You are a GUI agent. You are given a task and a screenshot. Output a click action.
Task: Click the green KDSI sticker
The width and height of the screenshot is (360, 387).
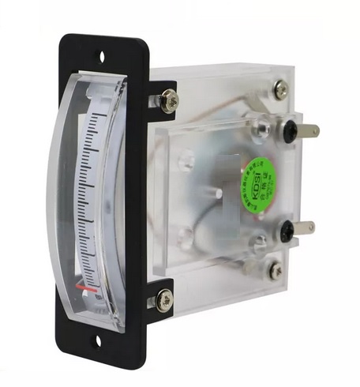[258, 178]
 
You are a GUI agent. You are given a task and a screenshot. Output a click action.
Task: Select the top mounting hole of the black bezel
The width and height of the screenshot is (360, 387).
[101, 56]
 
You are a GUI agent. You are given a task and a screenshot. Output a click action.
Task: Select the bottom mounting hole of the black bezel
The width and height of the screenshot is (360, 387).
[99, 341]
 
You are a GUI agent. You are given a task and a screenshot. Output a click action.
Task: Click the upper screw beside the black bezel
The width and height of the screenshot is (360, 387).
[168, 100]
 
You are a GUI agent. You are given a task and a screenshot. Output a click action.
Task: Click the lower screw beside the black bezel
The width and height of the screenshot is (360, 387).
[165, 298]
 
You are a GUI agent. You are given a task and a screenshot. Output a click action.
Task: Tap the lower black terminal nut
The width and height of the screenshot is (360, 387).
[286, 231]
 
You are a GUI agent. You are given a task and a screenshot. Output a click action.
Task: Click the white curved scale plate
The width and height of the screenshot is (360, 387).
[95, 197]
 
